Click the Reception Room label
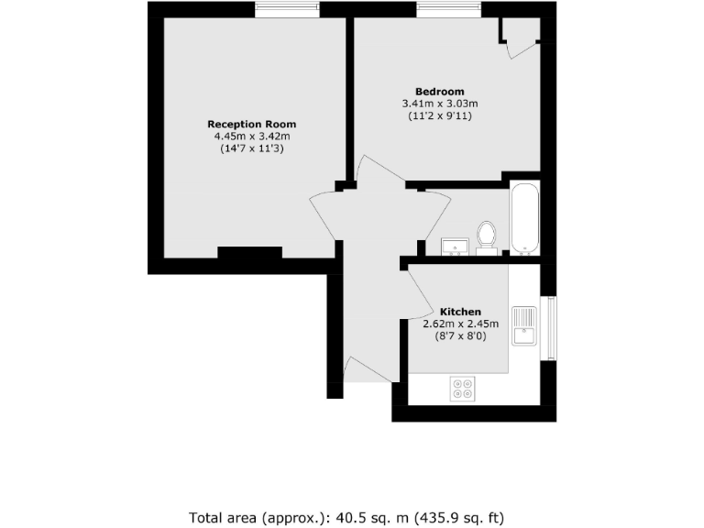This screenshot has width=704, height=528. click(x=251, y=124)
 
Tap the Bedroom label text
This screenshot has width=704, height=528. click(x=439, y=92)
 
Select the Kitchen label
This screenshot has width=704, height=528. click(x=460, y=312)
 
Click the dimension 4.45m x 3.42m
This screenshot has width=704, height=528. click(x=251, y=137)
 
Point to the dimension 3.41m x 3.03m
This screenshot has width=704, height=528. click(x=440, y=104)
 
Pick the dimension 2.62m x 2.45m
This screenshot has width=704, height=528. click(x=460, y=324)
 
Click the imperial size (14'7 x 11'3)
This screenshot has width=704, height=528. click(x=251, y=148)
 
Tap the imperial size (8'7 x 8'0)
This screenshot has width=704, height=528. click(x=460, y=336)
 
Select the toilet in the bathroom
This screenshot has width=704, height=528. click(x=487, y=236)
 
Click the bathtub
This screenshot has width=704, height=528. click(x=525, y=218)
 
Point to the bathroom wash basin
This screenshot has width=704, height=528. click(x=456, y=246)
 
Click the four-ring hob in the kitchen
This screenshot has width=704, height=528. click(x=463, y=389)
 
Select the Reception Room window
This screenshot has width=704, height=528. click(x=288, y=9)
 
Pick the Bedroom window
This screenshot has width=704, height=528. click(x=448, y=9)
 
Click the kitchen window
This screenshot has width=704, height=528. click(x=550, y=328)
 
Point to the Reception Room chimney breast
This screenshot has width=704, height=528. click(x=249, y=254)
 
